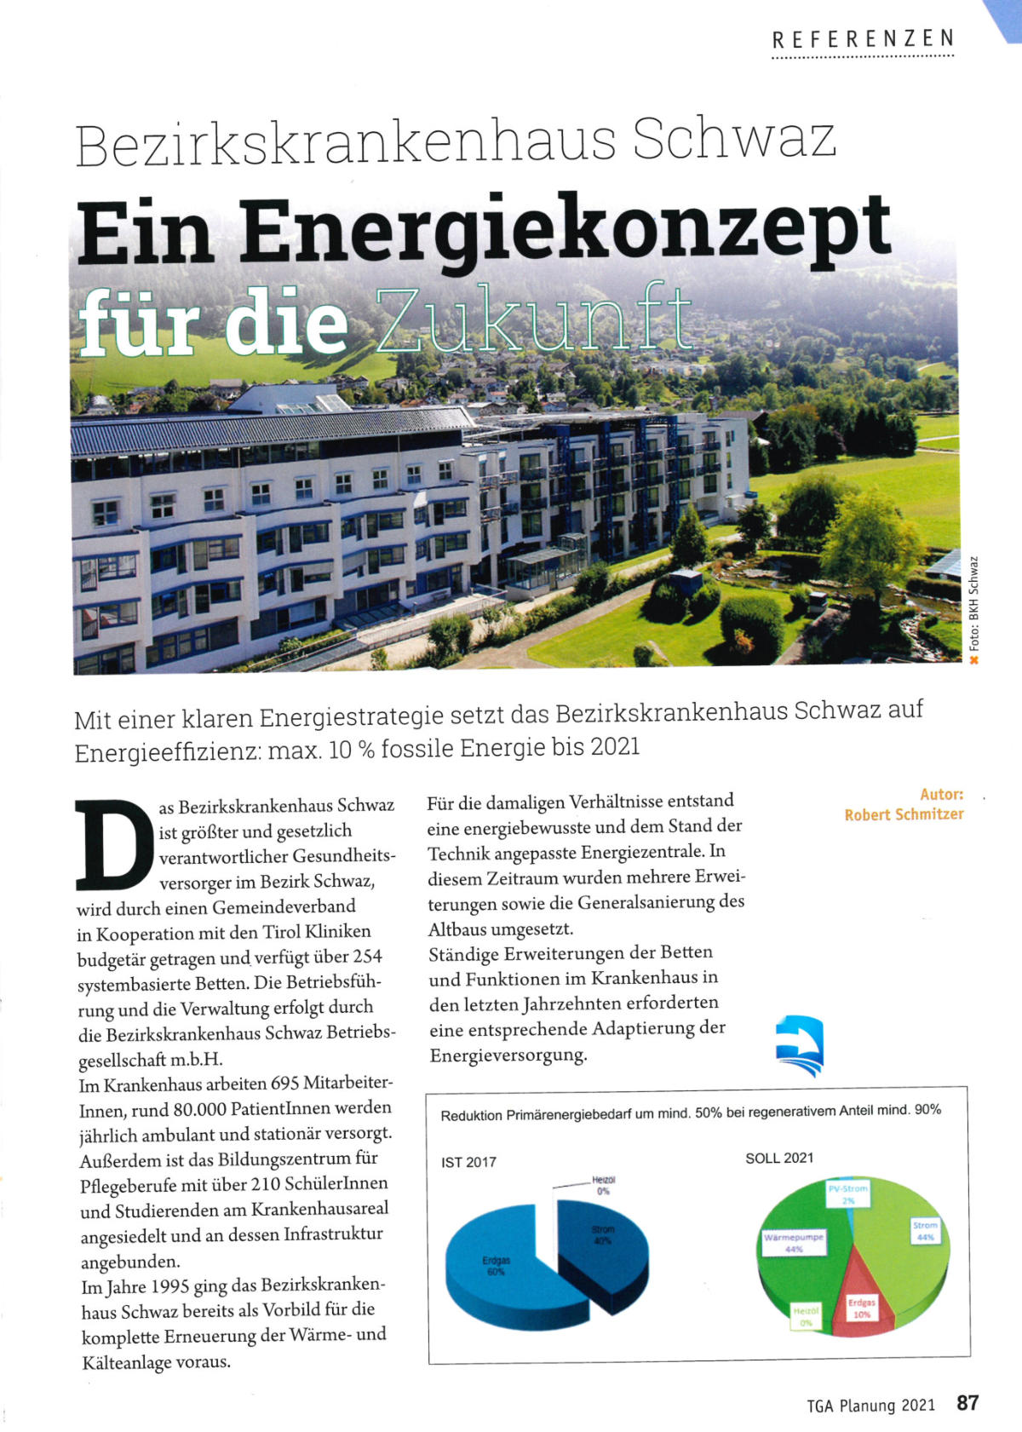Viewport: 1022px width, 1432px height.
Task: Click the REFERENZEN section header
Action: click(x=863, y=39)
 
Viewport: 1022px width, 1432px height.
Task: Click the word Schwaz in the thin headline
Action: click(x=734, y=140)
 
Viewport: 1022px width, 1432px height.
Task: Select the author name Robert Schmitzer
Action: click(x=904, y=814)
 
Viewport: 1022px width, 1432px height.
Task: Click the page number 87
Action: click(x=967, y=1403)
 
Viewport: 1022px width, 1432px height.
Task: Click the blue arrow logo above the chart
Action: click(x=800, y=1044)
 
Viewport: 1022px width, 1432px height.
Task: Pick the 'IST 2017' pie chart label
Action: click(x=468, y=1162)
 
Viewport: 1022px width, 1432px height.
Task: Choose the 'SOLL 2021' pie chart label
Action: click(x=779, y=1158)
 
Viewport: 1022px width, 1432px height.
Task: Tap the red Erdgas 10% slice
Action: click(x=862, y=1303)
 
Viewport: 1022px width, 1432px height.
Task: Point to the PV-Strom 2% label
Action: click(x=848, y=1193)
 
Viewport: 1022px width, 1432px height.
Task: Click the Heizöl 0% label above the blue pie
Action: click(x=603, y=1185)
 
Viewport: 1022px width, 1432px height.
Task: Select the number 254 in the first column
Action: click(x=367, y=957)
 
